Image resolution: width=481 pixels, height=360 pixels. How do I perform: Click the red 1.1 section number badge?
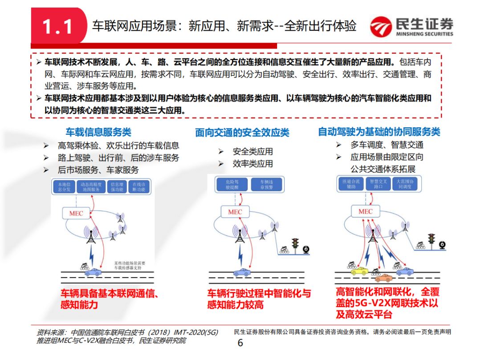tap(57, 26)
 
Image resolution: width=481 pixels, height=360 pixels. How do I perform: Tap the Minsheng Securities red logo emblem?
tap(381, 27)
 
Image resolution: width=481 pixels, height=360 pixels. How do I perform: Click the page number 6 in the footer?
tap(240, 343)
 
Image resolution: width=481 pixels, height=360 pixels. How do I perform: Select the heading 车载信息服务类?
tap(98, 132)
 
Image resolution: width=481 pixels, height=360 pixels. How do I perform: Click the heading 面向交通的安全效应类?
tap(242, 133)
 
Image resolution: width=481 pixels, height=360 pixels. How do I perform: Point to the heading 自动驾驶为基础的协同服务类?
tap(379, 132)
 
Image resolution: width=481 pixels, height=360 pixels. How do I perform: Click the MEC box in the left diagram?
tap(76, 213)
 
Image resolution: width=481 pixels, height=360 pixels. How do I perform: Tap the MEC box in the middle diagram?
tap(235, 212)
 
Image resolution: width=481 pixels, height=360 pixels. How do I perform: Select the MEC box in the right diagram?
tap(365, 211)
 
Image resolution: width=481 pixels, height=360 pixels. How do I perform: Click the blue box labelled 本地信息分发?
tap(62, 187)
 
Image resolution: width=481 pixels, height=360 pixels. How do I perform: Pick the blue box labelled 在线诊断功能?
tap(139, 187)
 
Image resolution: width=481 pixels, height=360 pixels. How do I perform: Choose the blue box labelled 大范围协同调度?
tap(405, 184)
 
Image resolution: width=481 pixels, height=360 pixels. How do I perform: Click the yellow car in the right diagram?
tap(359, 271)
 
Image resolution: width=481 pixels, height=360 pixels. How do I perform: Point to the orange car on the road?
tap(383, 279)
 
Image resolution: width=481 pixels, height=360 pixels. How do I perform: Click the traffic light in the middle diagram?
tap(294, 243)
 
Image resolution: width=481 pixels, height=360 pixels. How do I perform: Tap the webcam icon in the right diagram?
tap(443, 244)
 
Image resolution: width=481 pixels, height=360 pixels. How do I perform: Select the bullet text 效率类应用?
tap(253, 164)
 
